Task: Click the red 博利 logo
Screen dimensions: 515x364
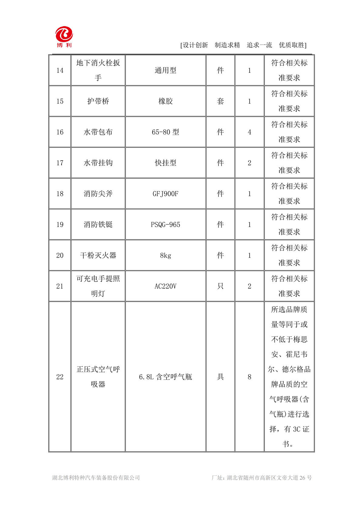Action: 64,36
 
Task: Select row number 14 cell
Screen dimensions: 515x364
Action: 60,70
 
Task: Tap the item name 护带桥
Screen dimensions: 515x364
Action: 98,101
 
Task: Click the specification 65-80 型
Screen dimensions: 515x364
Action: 165,132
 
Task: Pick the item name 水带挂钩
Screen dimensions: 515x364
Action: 98,163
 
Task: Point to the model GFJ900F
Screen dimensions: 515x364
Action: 165,194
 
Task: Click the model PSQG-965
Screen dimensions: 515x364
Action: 165,225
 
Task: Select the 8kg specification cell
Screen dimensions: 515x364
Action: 165,256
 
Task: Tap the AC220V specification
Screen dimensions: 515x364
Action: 165,286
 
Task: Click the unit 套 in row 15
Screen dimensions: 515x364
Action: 220,101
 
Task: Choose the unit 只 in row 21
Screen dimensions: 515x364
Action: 220,286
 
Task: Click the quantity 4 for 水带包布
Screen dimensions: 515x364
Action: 249,132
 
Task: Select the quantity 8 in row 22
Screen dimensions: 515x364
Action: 249,377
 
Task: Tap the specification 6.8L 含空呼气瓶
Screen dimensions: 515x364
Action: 165,377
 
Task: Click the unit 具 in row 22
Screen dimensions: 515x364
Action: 220,377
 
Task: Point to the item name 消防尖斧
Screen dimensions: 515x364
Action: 98,194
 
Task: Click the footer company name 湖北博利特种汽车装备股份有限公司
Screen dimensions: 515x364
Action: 96,478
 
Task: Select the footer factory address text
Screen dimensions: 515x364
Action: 261,478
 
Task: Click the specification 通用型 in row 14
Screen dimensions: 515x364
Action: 165,70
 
